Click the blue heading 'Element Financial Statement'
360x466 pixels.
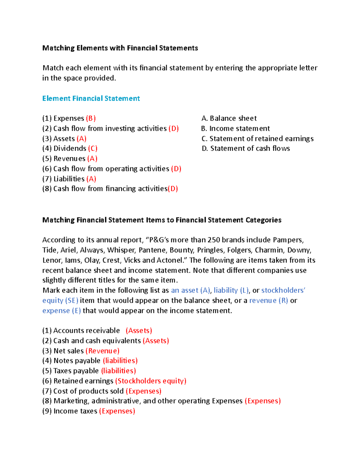[91, 98]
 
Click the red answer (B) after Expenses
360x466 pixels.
[91, 118]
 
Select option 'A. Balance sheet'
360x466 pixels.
[229, 118]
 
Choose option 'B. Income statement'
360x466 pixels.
[235, 128]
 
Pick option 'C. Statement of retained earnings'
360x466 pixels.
[258, 139]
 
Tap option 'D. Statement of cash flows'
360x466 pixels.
[246, 149]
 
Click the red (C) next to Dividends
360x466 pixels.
[93, 149]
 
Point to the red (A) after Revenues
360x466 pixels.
[92, 158]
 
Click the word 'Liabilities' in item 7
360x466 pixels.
[69, 179]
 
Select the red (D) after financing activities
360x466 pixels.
[173, 189]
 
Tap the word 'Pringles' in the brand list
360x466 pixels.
[212, 250]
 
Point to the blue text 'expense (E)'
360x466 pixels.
[61, 311]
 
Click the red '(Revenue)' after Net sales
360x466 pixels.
[102, 351]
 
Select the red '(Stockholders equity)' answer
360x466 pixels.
[151, 381]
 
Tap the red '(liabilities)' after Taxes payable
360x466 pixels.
[118, 371]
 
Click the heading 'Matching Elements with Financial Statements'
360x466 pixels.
[120, 48]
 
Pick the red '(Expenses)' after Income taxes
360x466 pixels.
[117, 411]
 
